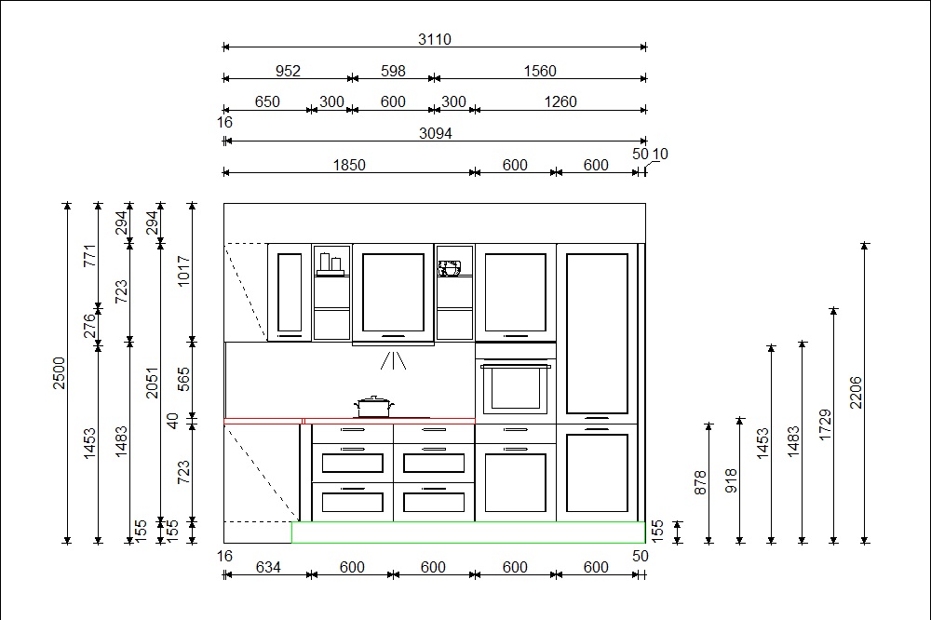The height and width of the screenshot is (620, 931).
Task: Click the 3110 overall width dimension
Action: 434,39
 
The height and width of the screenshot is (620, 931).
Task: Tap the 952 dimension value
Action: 288,71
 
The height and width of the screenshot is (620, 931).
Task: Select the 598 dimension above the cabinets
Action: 393,71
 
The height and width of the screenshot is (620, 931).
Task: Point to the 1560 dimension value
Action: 540,71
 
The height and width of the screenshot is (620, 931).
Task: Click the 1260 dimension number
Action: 560,101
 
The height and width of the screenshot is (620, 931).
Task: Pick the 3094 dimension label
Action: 435,133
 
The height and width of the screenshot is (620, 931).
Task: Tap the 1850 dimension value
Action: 349,165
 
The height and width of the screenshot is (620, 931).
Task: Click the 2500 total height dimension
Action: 59,373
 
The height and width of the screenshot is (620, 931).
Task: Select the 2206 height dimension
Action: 856,393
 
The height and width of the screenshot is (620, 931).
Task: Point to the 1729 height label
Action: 825,425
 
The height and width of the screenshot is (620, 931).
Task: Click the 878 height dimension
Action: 701,483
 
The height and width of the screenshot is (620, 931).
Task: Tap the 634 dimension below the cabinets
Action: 268,567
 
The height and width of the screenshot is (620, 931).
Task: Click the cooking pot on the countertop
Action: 373,407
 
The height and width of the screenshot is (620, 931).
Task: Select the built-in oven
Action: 516,389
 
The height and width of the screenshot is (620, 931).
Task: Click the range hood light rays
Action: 393,360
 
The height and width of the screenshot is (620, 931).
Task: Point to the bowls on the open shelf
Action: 450,268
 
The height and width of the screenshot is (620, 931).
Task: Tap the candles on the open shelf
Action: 331,264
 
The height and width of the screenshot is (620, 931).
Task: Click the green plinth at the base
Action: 468,532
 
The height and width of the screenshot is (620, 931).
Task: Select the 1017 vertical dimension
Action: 184,271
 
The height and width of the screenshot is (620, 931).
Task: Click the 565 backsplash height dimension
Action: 184,379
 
